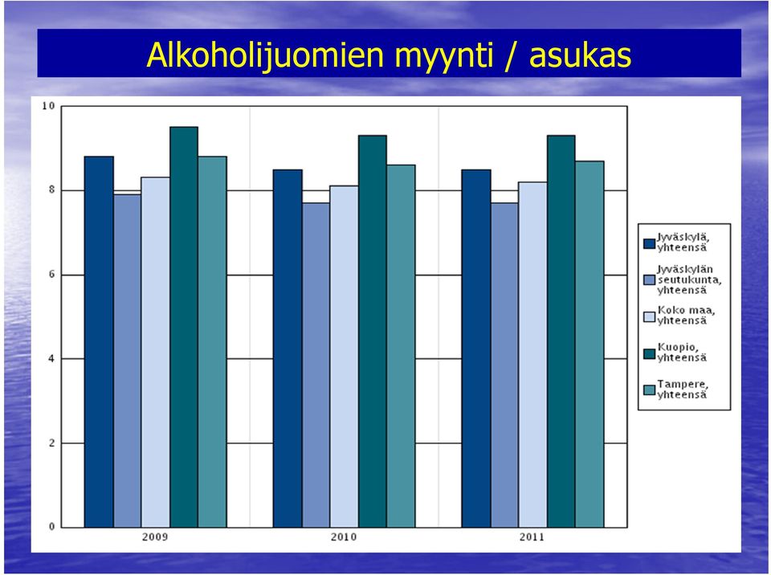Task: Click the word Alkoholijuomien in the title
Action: pos(265,55)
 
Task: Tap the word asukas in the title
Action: pos(580,55)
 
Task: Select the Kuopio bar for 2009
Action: pos(184,327)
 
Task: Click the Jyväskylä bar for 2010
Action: pos(288,349)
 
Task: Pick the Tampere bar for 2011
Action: pos(589,345)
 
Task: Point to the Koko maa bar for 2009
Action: pos(155,353)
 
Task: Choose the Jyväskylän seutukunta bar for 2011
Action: pos(504,365)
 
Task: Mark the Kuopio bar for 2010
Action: pos(372,332)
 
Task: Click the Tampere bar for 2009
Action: pos(212,342)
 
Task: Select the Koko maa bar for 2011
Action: pos(532,355)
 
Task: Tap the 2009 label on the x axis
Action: pos(155,536)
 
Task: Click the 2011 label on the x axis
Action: pos(532,536)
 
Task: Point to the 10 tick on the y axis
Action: pos(48,106)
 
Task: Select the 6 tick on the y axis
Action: pos(51,275)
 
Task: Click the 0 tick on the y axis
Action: pos(51,527)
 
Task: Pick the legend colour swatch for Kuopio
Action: pos(649,353)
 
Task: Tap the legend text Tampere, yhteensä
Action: pos(683,389)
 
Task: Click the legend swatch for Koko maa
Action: pos(649,316)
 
